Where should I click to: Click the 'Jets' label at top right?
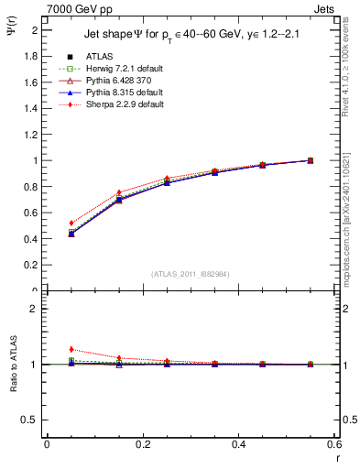(x=329, y=8)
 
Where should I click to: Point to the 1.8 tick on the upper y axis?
(x=34, y=56)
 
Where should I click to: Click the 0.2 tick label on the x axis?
(x=142, y=444)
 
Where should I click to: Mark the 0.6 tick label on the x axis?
(x=334, y=444)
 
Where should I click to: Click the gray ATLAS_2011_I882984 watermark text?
(x=191, y=274)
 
